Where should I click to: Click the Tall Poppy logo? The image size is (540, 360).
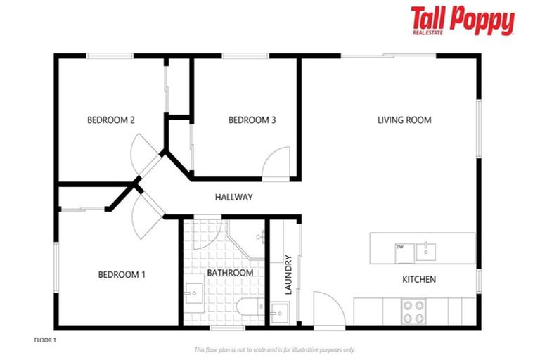coord(462,21)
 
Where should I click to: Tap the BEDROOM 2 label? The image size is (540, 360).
coord(110,120)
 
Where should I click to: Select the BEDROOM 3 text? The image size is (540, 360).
coord(252,120)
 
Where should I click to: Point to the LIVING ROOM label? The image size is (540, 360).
coord(404,120)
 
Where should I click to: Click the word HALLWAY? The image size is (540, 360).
coord(233,198)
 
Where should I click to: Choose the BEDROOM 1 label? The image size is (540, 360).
coord(122,274)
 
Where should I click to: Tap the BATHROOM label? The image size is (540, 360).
coord(230,273)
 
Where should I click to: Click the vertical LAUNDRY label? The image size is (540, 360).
coord(288,274)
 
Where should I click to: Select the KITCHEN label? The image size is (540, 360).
coord(418,279)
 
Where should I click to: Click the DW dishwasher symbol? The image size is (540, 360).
coord(401,247)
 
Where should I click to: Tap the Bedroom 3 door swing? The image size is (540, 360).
coord(277,162)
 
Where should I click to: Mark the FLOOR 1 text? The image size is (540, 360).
coord(44,340)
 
